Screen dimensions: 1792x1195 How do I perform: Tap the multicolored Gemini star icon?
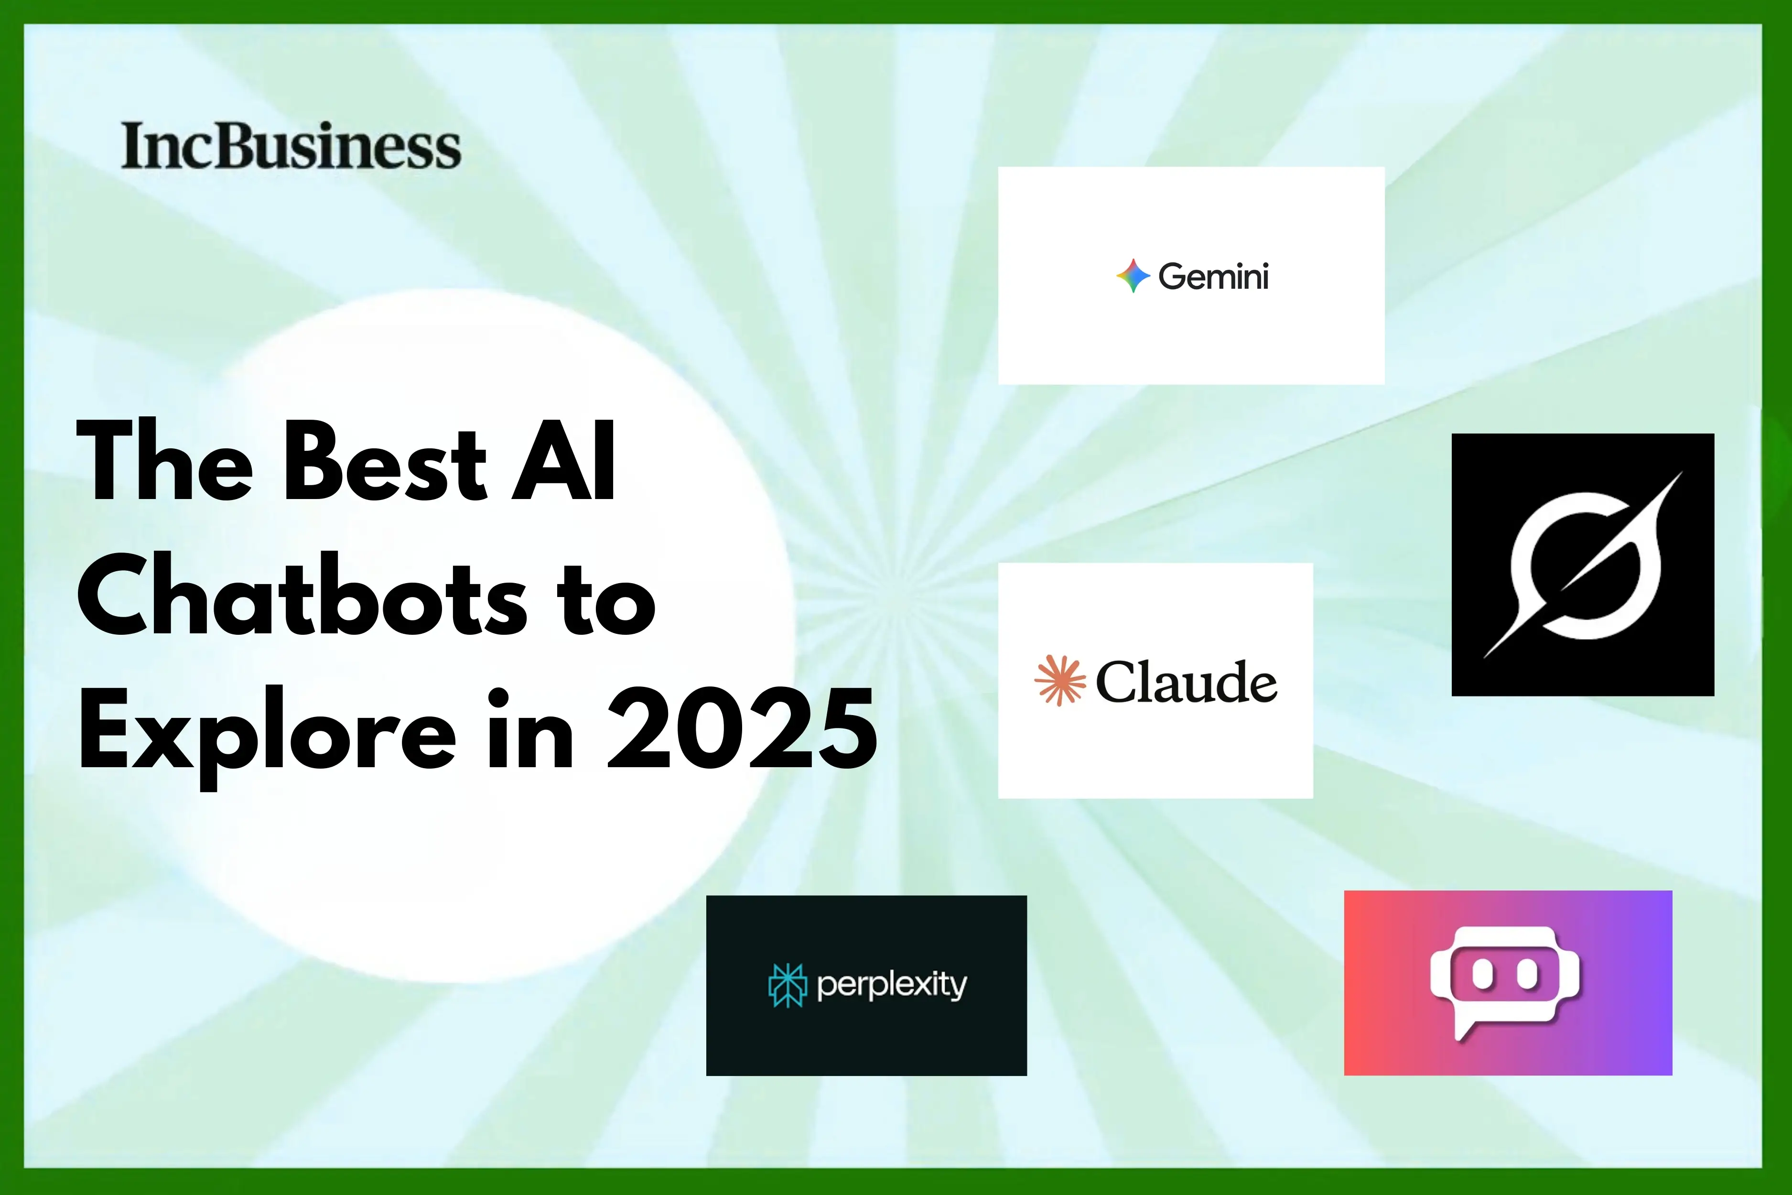[x=1133, y=276]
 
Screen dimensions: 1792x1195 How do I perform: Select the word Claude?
[x=1186, y=681]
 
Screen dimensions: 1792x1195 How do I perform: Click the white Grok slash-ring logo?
[x=1583, y=565]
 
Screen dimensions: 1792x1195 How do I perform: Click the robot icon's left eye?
[x=1482, y=974]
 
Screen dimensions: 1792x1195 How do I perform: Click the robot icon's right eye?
[x=1528, y=974]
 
